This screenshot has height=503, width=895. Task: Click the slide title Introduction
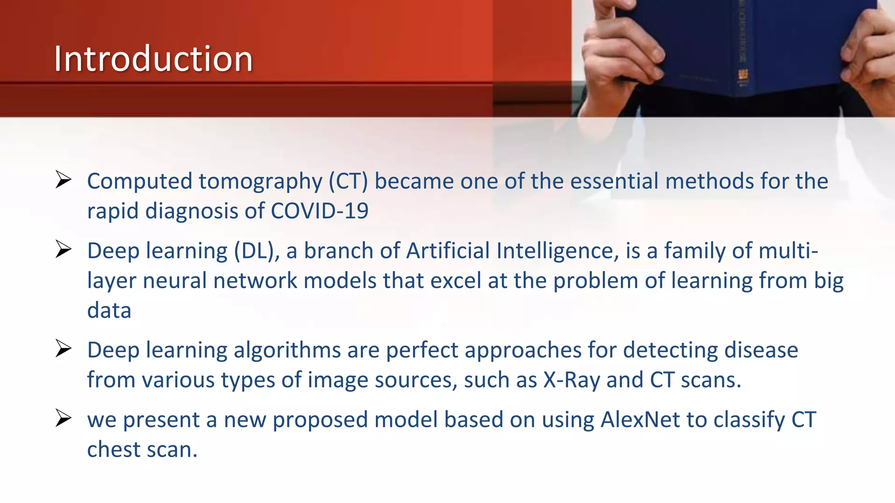pos(153,59)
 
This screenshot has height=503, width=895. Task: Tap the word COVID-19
pos(319,211)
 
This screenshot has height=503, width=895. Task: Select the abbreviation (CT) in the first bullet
pos(348,181)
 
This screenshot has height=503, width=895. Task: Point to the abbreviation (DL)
pos(257,251)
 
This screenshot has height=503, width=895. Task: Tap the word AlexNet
pos(640,420)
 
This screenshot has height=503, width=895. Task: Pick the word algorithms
pos(287,350)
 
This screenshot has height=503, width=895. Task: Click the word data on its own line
pos(109,310)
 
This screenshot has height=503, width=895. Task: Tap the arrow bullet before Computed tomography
pos(63,180)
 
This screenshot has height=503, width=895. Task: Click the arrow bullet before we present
pos(63,418)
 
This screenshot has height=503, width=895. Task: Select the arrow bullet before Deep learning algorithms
pos(63,349)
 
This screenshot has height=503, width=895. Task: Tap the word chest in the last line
pos(114,450)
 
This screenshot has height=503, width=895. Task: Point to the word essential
pos(614,181)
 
